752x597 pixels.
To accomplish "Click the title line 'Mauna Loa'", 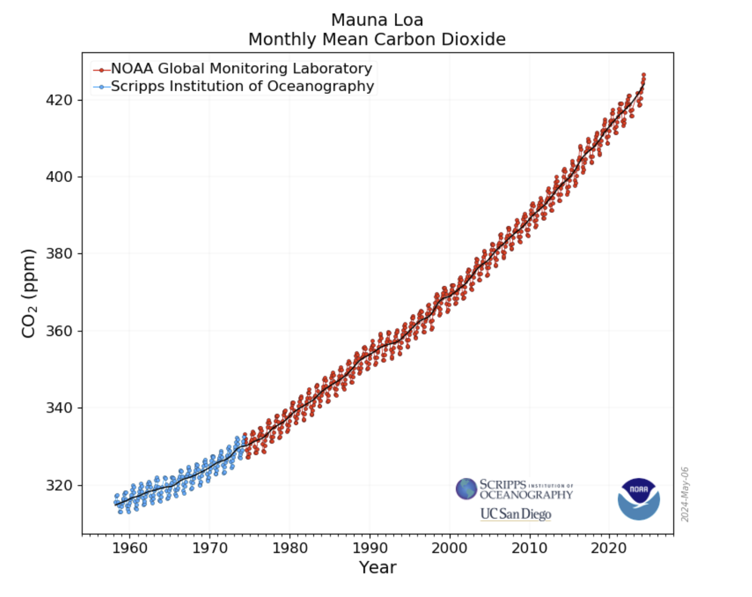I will point(377,20).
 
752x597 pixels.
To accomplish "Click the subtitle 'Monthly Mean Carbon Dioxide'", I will point(377,39).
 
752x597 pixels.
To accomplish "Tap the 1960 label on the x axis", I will point(129,548).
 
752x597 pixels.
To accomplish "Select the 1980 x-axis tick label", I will point(290,548).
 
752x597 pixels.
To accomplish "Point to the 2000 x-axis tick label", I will point(449,548).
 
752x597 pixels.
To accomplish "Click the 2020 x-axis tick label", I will point(609,548).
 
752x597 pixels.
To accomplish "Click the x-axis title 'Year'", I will point(378,568).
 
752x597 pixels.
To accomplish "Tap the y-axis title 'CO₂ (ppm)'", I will point(29,293).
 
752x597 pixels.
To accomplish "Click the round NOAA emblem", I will point(639,499).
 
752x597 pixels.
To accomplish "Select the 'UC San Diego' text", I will point(516,514).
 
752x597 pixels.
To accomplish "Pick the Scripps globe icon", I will point(466,489).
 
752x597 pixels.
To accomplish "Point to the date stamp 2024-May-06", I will point(685,494).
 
